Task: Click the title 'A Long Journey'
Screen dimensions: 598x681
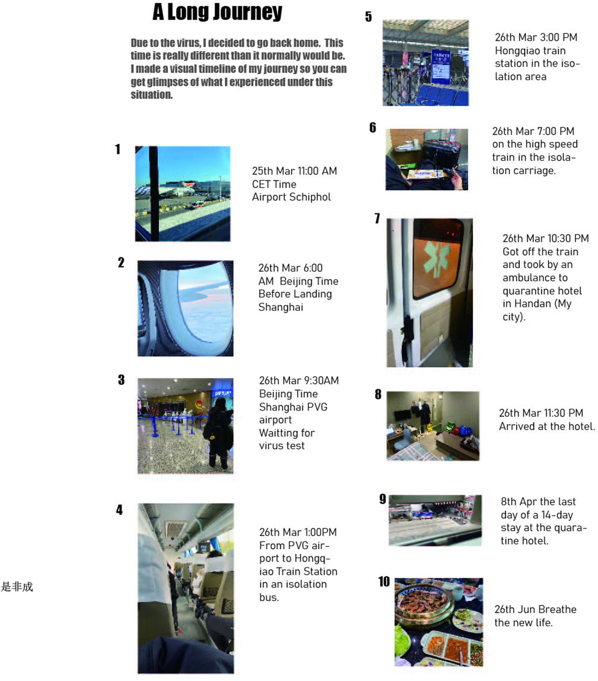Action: [x=217, y=12]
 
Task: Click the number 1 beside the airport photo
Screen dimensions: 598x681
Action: [x=118, y=149]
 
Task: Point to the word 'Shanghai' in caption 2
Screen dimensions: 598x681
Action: [x=281, y=307]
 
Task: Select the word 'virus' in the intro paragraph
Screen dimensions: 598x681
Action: [x=188, y=43]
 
